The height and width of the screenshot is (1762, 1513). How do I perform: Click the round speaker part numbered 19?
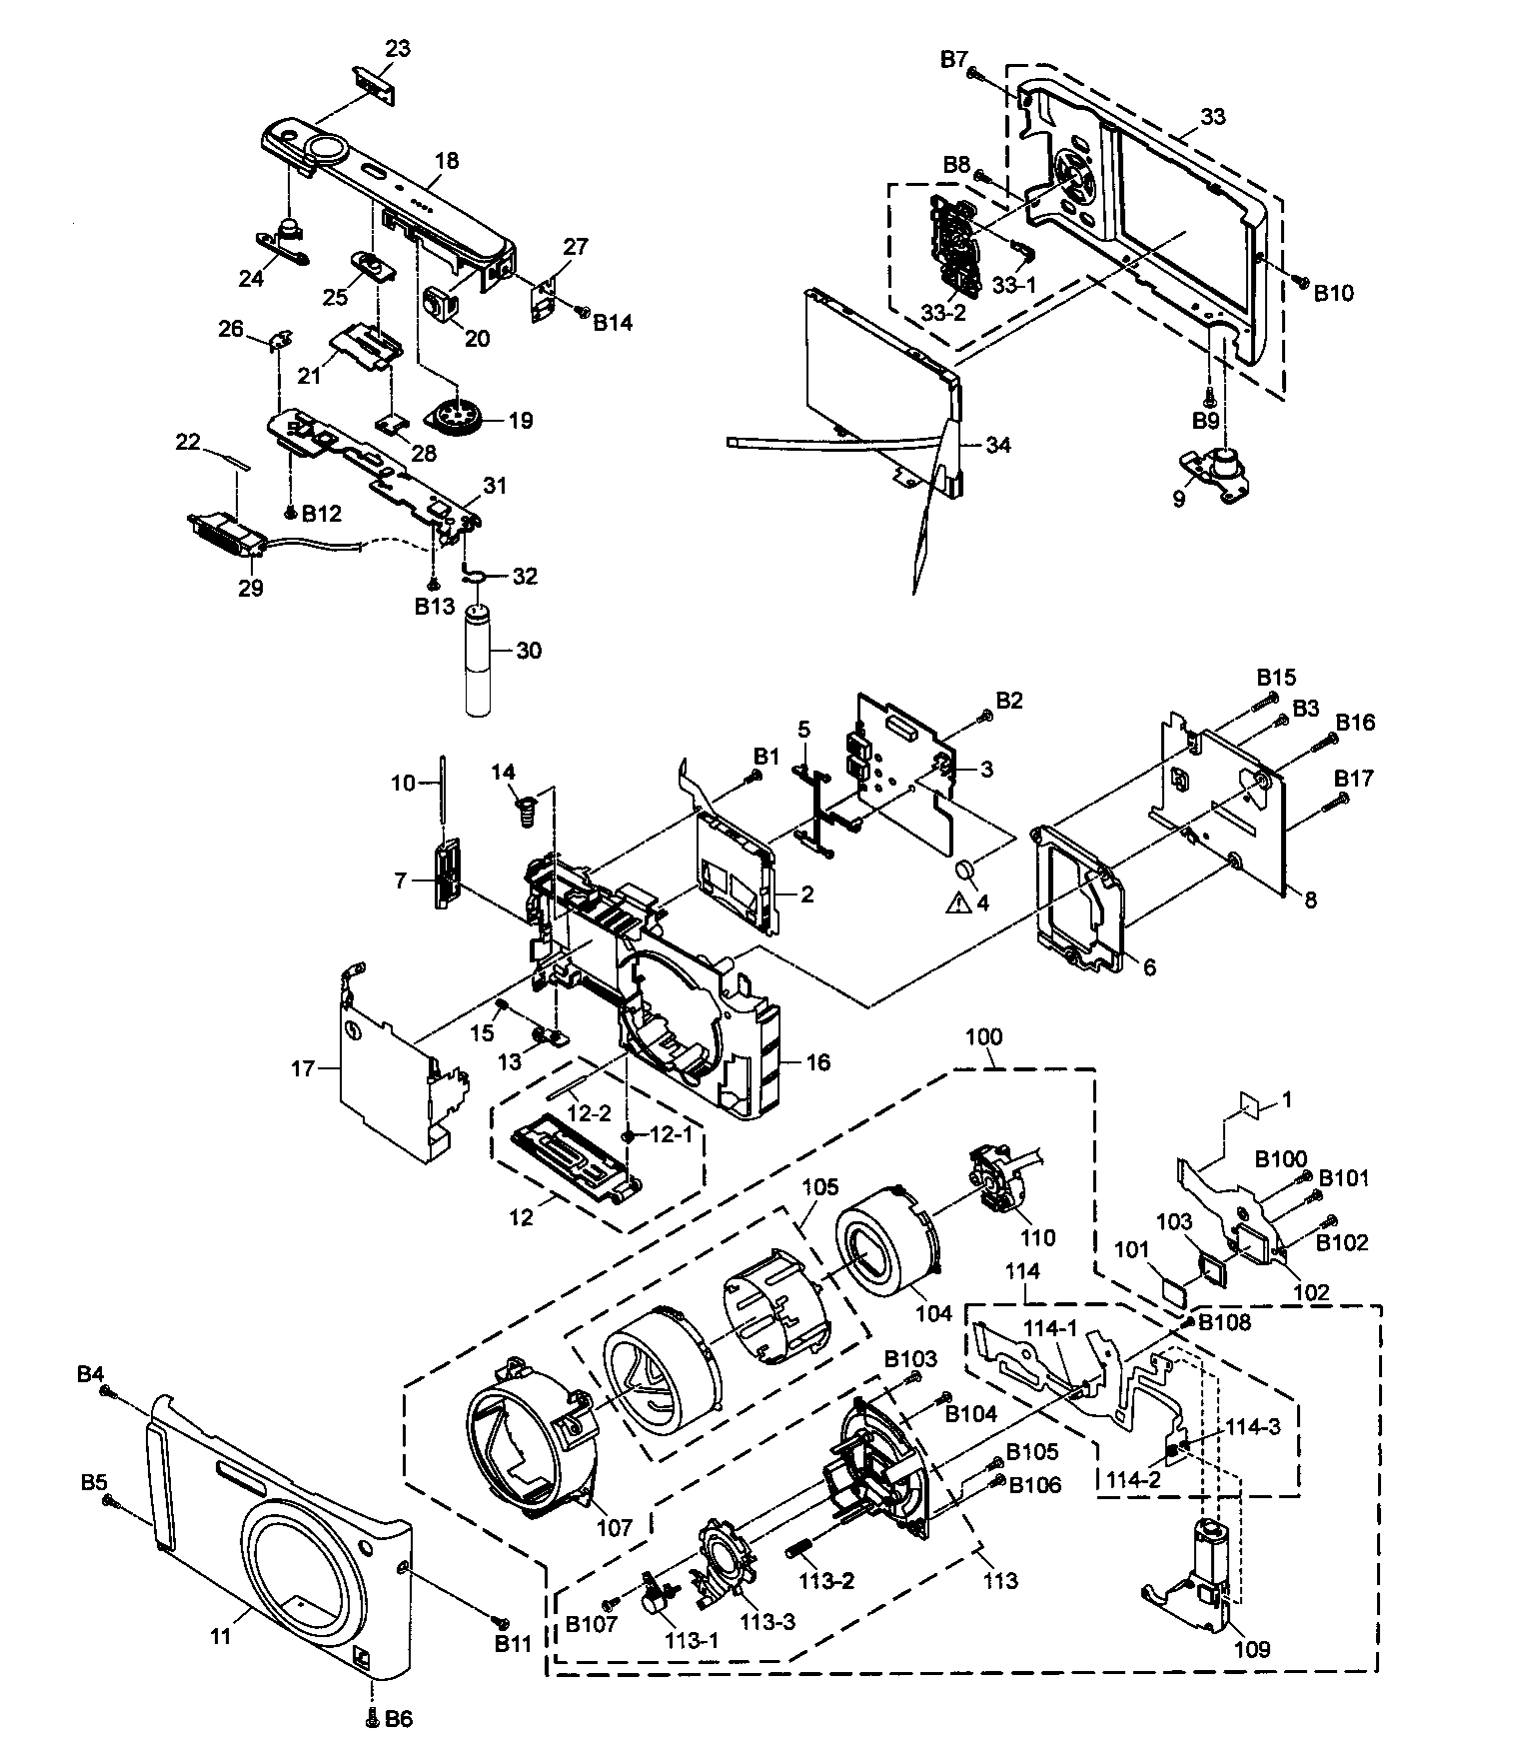point(458,418)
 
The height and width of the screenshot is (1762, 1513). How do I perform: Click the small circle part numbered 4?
point(967,869)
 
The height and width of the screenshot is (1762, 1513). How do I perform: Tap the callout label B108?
point(1224,1322)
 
